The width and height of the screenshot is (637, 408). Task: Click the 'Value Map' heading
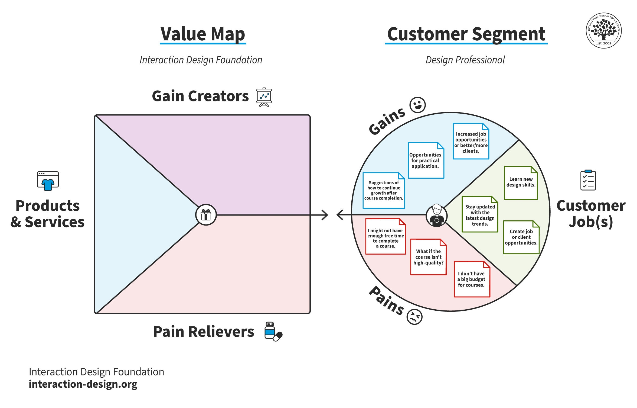click(x=203, y=34)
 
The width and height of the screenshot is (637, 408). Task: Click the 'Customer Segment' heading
click(x=466, y=34)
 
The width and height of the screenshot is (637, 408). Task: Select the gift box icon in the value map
click(x=206, y=215)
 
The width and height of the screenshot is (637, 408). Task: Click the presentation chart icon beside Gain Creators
click(x=264, y=97)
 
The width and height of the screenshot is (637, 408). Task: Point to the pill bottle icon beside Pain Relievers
click(x=273, y=332)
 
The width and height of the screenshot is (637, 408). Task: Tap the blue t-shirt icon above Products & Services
click(x=48, y=181)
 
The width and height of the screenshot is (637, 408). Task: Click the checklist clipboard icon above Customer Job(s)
click(x=588, y=180)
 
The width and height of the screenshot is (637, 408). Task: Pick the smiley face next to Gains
click(x=417, y=105)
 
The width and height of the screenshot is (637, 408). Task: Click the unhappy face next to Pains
click(x=414, y=317)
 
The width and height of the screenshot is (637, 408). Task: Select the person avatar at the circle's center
click(x=436, y=216)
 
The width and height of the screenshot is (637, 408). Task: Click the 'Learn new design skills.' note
click(x=521, y=183)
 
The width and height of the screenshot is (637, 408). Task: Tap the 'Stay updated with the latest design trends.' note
click(x=480, y=214)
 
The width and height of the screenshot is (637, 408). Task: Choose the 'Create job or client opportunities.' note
click(x=521, y=237)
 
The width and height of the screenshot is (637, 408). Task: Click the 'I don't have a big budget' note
click(x=472, y=279)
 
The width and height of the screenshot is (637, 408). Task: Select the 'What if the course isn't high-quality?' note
click(x=428, y=257)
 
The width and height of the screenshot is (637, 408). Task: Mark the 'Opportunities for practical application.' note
click(x=426, y=160)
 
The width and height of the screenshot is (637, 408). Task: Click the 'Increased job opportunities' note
click(x=471, y=141)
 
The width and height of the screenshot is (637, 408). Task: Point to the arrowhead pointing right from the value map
click(x=325, y=215)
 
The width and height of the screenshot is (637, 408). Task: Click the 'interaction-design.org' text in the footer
click(x=83, y=384)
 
